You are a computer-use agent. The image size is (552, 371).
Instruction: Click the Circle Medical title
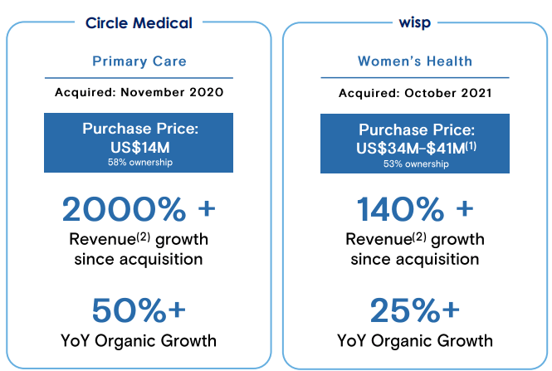coord(139,23)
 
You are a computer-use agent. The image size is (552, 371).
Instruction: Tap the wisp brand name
coord(415,23)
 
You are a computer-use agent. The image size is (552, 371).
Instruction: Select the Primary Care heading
coord(139,61)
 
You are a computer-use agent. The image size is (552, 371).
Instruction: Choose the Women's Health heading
coord(415,61)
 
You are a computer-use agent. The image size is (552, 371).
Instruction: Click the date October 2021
coord(452,93)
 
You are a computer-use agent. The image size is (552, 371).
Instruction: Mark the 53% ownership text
coord(415,164)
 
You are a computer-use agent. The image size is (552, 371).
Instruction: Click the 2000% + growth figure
coord(139,209)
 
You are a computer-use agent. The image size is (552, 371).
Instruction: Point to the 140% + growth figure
coord(415,209)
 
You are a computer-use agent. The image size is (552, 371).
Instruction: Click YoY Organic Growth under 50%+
coord(139,340)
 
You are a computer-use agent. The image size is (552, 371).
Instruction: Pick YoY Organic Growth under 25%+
coord(415,340)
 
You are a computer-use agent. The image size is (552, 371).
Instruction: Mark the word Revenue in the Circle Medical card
coord(99,241)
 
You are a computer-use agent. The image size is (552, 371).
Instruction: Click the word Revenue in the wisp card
coord(375,241)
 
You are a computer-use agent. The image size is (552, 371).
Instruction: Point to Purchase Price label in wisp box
coord(415,130)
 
